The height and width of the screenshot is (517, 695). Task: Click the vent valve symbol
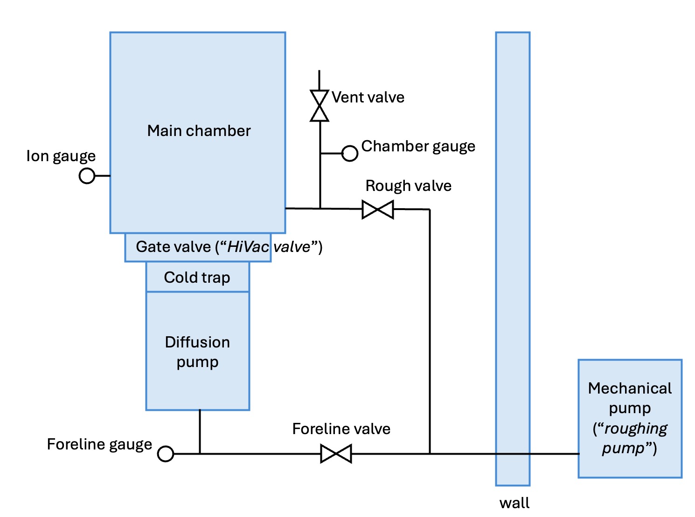[320, 106]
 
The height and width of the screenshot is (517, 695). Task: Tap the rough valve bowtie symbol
[378, 210]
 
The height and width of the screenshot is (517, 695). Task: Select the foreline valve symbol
[336, 454]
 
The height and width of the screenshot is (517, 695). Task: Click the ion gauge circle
[87, 176]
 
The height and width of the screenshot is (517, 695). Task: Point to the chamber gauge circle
[350, 153]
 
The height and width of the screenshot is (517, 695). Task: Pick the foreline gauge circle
[166, 454]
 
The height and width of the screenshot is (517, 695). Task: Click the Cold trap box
[197, 277]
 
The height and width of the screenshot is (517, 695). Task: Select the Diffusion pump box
[197, 352]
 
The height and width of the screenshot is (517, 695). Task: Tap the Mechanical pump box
[630, 418]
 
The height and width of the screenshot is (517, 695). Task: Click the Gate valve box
[198, 247]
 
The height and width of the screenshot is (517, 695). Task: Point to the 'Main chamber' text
[199, 131]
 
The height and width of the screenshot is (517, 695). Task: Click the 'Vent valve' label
[368, 97]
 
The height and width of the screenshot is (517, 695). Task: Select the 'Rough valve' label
[408, 186]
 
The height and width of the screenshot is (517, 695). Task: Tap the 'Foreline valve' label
[341, 429]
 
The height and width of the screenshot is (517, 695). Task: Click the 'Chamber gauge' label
[418, 146]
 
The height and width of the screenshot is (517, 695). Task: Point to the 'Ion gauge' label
[61, 156]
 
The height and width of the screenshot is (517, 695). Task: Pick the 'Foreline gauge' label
[99, 444]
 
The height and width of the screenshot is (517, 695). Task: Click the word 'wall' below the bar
[514, 503]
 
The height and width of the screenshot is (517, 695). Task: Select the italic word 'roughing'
[635, 429]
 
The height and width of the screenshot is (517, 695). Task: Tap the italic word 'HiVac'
[248, 247]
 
